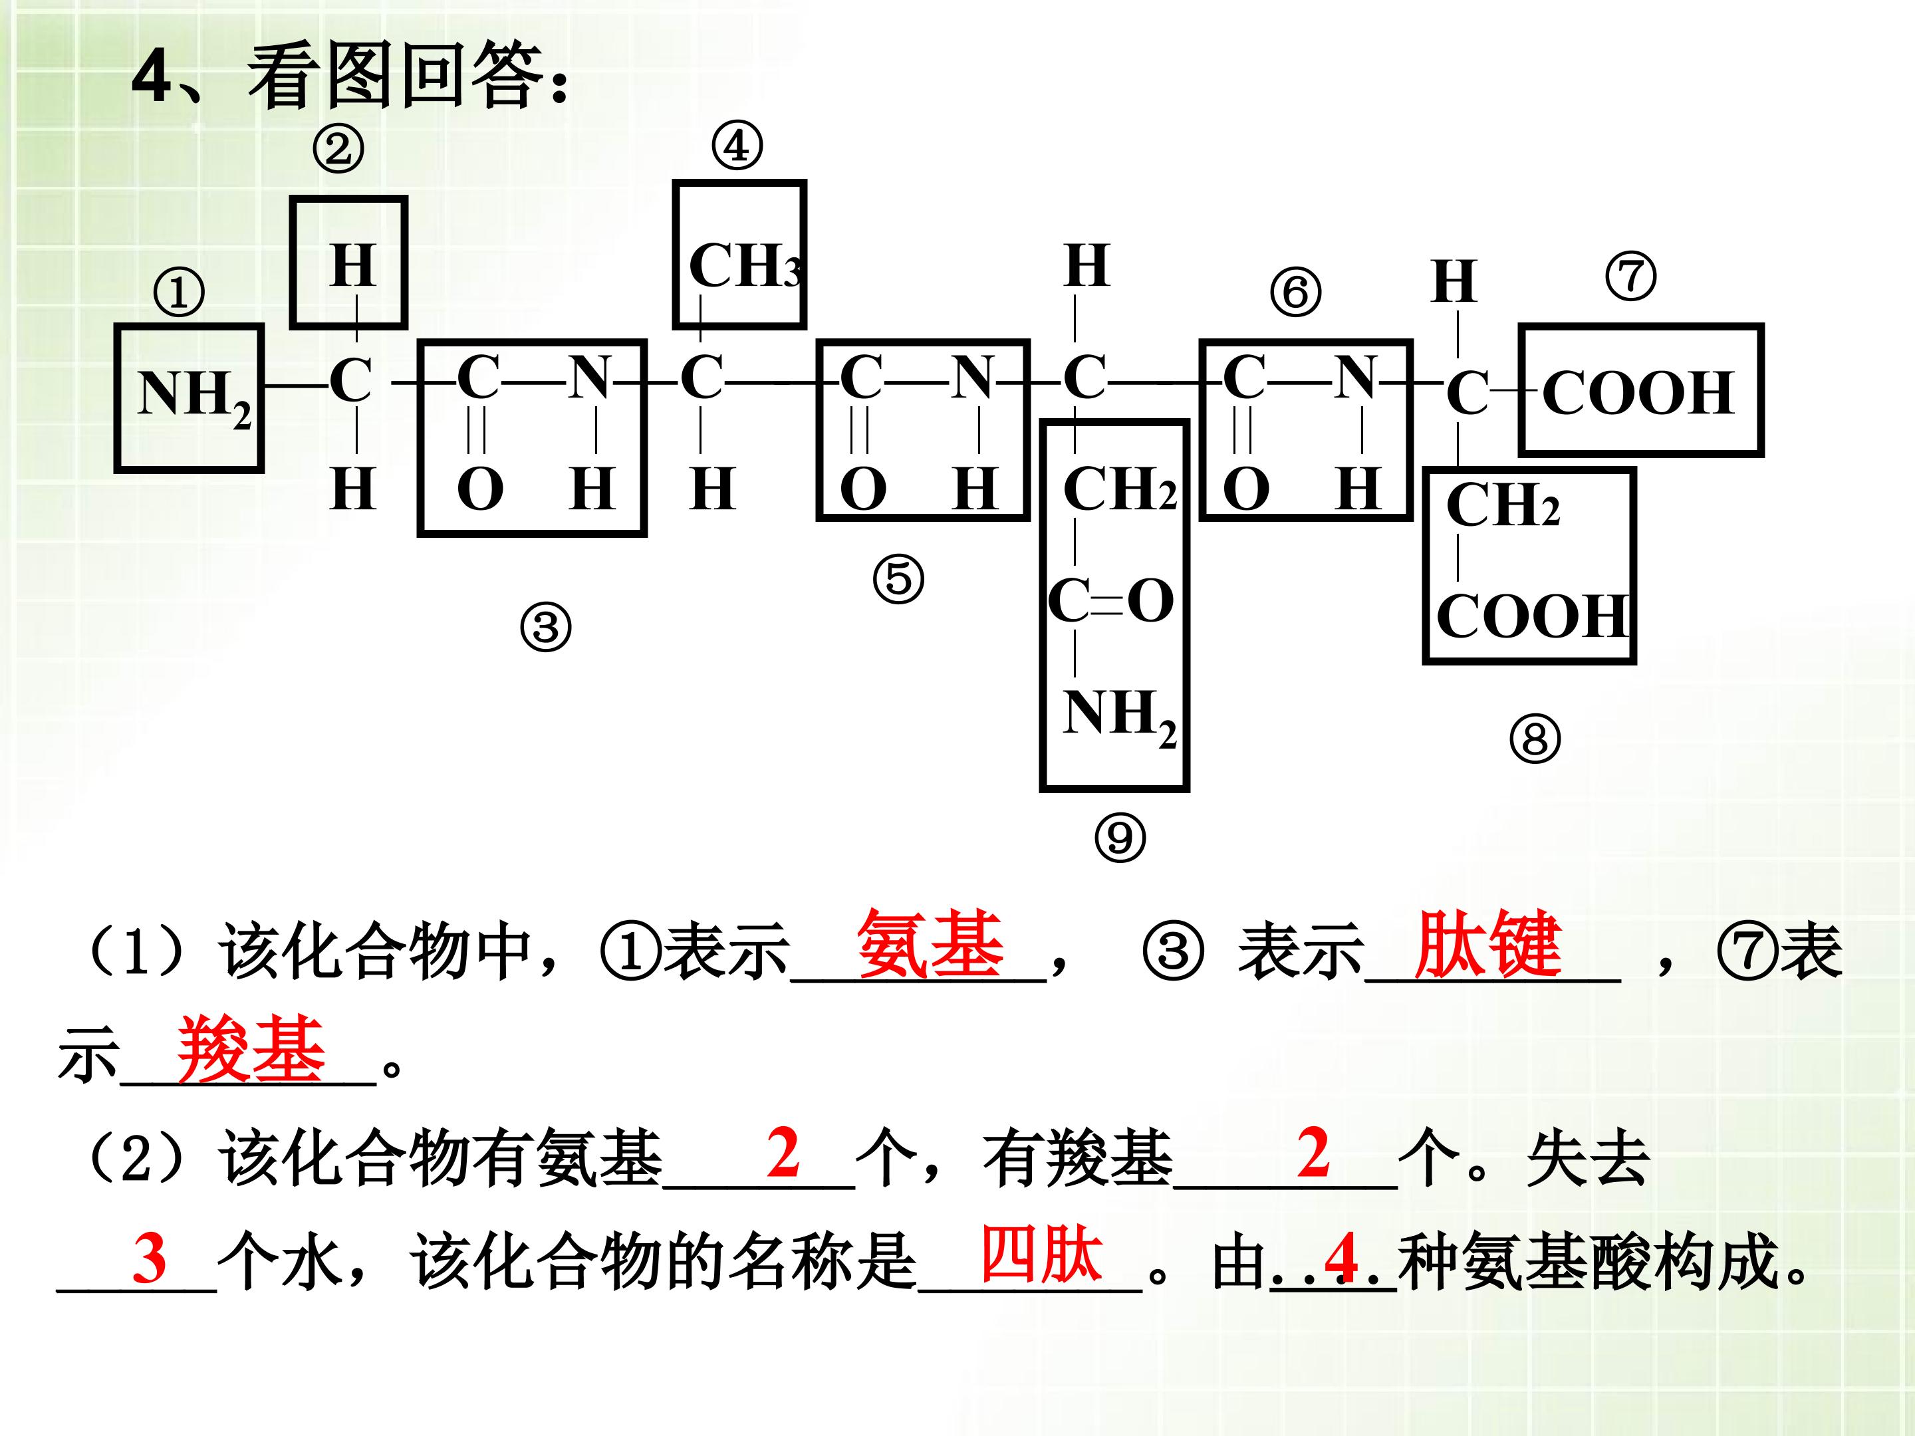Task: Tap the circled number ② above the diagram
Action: [338, 149]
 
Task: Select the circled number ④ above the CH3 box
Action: [737, 146]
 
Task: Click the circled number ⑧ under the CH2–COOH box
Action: [1535, 739]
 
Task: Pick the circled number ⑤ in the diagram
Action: [898, 579]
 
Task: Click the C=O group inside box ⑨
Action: [1110, 601]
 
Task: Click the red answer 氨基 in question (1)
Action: [930, 944]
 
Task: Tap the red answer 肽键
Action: [1487, 944]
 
